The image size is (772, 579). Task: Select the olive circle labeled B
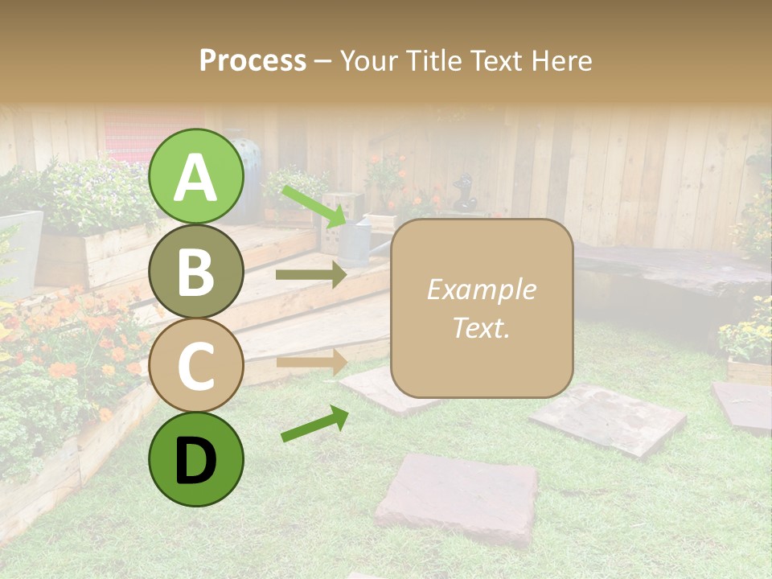[x=196, y=271]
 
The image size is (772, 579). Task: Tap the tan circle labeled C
[x=196, y=366]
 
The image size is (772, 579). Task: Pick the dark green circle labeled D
[x=196, y=460]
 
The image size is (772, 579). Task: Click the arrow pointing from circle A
[x=314, y=205]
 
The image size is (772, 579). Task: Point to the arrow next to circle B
[x=310, y=275]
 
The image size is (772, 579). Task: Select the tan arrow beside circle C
[x=310, y=362]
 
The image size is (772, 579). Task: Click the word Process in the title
[x=253, y=60]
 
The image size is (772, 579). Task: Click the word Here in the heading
[x=562, y=60]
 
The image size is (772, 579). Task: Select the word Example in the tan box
[x=481, y=289]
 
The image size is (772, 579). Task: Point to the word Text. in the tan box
[x=481, y=327]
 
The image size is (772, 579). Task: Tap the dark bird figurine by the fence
[x=464, y=193]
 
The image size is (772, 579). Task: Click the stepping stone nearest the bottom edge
[x=457, y=497]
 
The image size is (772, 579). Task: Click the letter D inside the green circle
[x=196, y=461]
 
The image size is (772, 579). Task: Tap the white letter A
[x=196, y=177]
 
